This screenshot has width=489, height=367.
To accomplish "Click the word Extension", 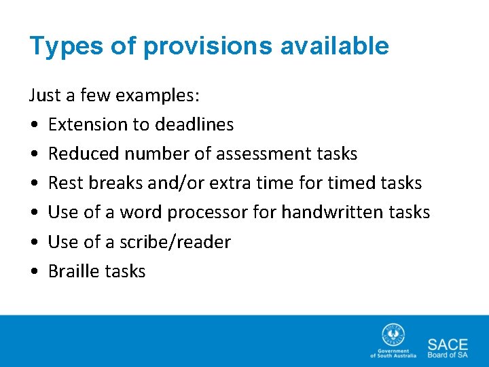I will point(88,124).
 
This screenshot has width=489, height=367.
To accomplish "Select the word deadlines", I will point(194,124).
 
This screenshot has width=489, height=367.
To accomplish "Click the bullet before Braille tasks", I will point(34,271).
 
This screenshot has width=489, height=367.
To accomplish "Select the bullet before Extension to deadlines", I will point(34,125).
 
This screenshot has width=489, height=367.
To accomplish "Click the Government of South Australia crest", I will point(393,336).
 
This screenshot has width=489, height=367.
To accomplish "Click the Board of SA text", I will point(448,354).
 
